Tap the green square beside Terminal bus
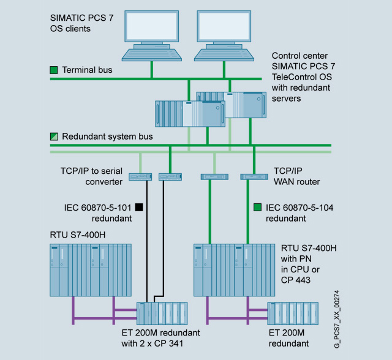pyautogui.click(x=54, y=70)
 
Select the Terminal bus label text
pyautogui.click(x=87, y=70)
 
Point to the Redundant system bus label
pyautogui.click(x=107, y=137)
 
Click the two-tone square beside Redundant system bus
pyautogui.click(x=54, y=137)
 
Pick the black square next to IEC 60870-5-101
pyautogui.click(x=139, y=207)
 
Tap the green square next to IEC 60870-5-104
pyautogui.click(x=257, y=207)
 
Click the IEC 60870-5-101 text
pyautogui.click(x=99, y=207)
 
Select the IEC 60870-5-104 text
pyautogui.click(x=298, y=207)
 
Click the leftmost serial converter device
pyautogui.click(x=140, y=177)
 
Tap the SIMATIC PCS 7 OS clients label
pyautogui.click(x=71, y=23)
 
